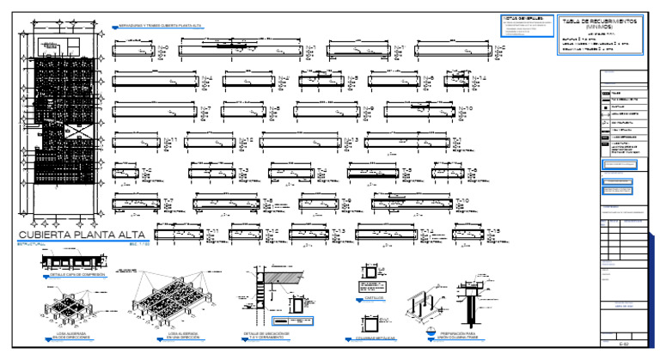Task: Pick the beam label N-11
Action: coord(170,139)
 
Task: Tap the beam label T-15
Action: coord(493,231)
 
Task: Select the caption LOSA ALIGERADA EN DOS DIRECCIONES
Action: coord(65,336)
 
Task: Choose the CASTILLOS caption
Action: coord(376,299)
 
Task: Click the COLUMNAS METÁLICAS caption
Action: coord(375,339)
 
